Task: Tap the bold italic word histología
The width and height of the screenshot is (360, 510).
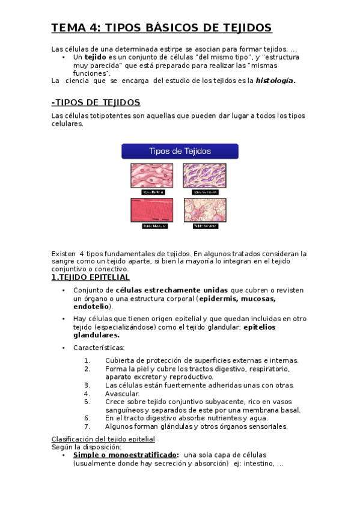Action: (275, 81)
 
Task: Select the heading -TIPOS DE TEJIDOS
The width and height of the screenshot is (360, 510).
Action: (96, 102)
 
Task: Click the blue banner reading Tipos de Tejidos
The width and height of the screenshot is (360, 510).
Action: (180, 151)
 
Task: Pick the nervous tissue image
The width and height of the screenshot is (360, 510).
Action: (204, 210)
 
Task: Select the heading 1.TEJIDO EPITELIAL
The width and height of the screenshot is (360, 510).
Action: (90, 277)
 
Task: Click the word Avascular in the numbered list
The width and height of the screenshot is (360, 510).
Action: (122, 393)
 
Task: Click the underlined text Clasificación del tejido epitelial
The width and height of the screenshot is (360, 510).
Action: (103, 439)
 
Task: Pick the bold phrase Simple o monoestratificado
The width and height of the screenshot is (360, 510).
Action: (125, 455)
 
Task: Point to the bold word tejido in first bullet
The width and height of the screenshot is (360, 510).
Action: (94, 57)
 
